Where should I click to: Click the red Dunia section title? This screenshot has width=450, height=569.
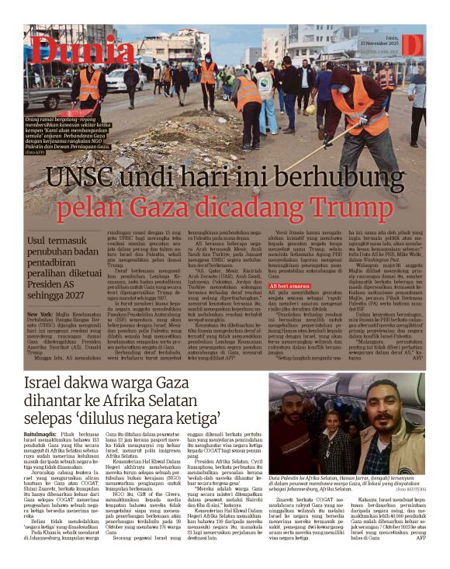pyautogui.click(x=73, y=50)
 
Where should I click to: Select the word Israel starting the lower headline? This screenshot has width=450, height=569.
pyautogui.click(x=48, y=383)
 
